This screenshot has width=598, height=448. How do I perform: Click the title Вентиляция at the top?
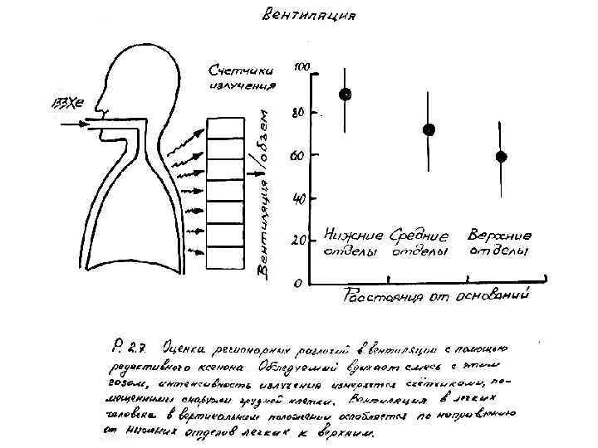tap(310, 15)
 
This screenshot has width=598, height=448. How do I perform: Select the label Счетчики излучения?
tap(241, 75)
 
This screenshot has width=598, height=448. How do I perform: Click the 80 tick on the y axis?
tap(300, 112)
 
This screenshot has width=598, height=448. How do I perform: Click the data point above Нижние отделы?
tap(345, 95)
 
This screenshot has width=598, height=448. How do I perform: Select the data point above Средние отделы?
tap(429, 129)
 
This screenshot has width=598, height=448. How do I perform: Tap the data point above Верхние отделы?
tap(501, 157)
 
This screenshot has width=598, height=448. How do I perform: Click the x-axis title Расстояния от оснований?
tap(436, 295)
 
